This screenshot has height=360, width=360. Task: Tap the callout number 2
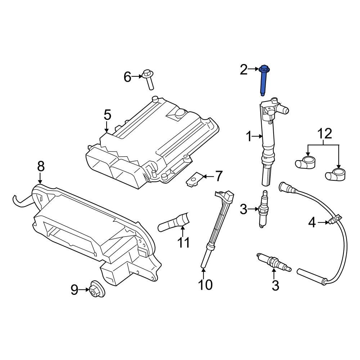pyautogui.click(x=244, y=69)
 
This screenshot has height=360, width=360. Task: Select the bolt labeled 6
pyautogui.click(x=149, y=79)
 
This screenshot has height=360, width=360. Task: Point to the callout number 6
pyautogui.click(x=128, y=77)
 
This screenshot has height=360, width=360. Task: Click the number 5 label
pyautogui.click(x=107, y=115)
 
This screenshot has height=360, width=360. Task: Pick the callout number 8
pyautogui.click(x=40, y=166)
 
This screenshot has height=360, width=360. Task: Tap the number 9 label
pyautogui.click(x=74, y=289)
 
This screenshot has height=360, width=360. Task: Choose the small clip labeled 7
pyautogui.click(x=194, y=179)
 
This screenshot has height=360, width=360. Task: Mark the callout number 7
pyautogui.click(x=219, y=176)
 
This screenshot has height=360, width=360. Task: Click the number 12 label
pyautogui.click(x=324, y=134)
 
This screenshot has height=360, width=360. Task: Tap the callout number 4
pyautogui.click(x=312, y=223)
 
